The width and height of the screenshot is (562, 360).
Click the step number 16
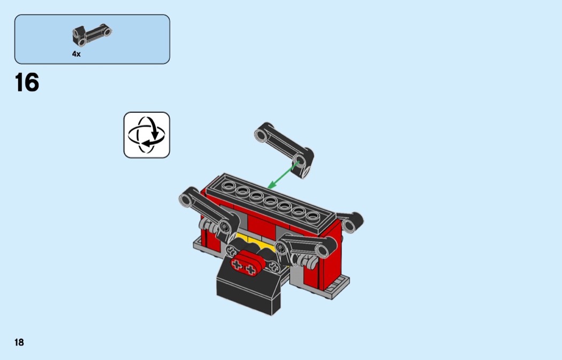27,82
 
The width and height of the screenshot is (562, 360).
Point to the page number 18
19,342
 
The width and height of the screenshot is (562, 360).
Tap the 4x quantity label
77,53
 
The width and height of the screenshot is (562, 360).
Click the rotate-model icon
147,135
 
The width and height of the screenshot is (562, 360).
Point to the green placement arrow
283,175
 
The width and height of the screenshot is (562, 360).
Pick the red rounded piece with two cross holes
247,262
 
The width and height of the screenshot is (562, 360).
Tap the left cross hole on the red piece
237,265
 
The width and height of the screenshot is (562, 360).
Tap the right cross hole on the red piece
250,270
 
